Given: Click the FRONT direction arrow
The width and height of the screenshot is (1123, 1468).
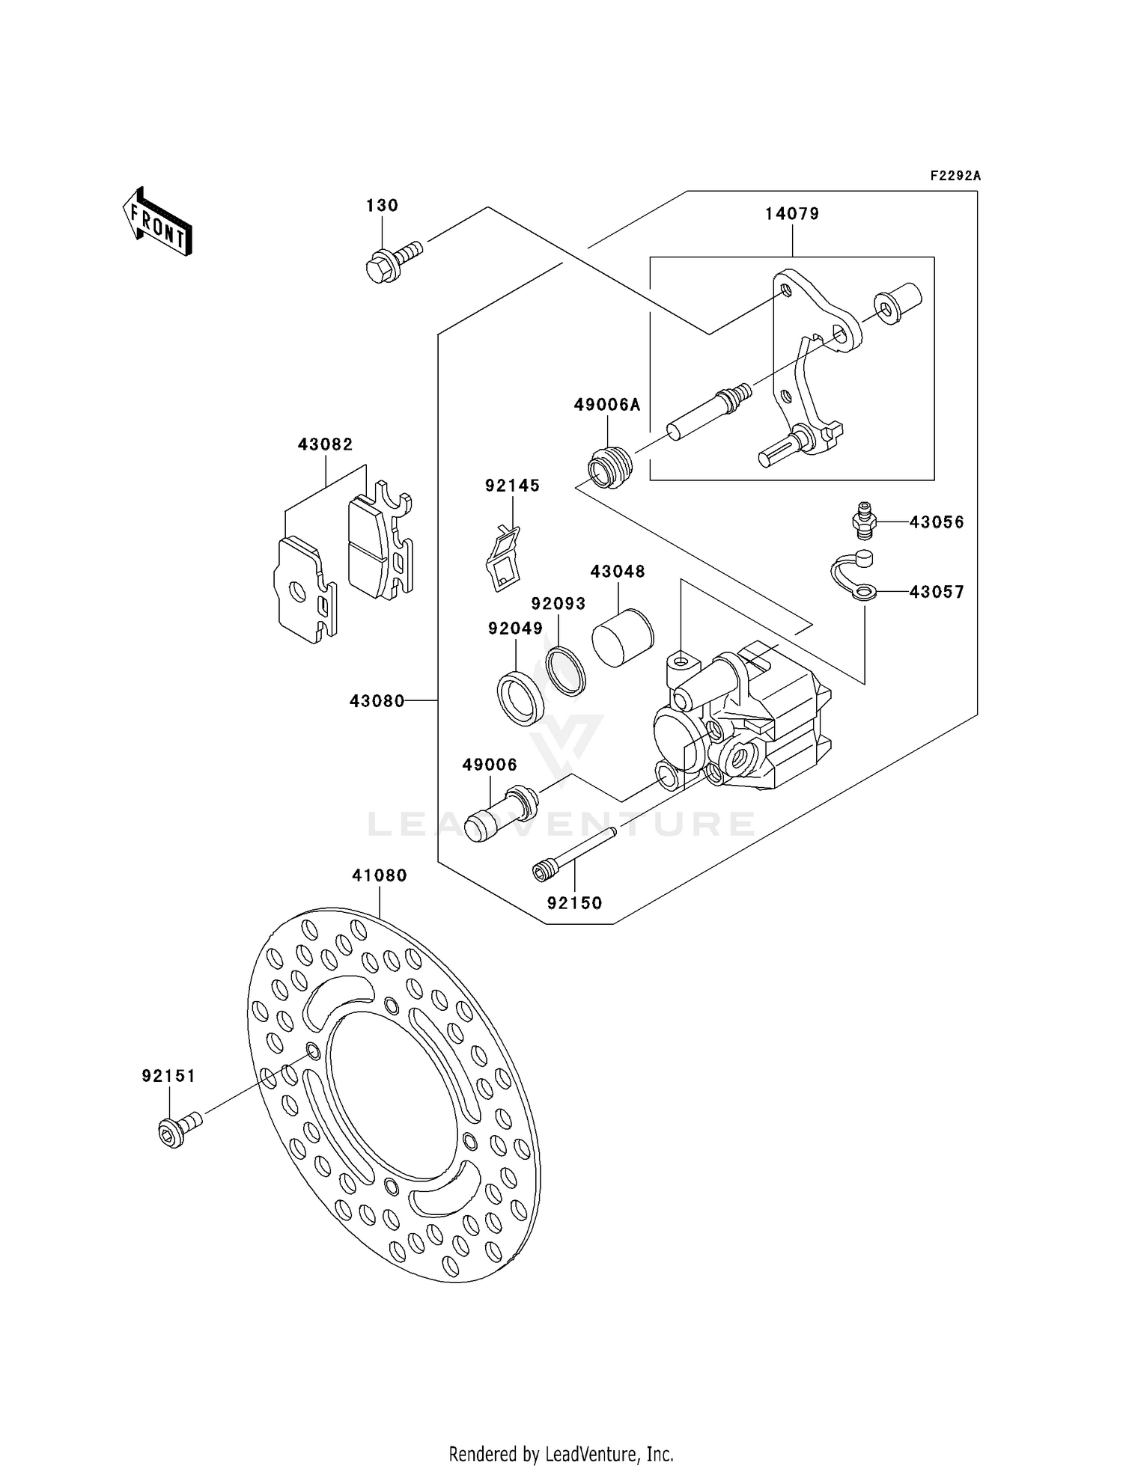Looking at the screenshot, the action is click(158, 222).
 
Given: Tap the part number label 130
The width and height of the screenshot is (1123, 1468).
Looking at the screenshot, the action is click(382, 205).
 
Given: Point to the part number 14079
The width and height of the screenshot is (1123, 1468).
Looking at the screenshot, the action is click(792, 214).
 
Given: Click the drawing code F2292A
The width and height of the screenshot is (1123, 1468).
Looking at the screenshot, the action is click(955, 176).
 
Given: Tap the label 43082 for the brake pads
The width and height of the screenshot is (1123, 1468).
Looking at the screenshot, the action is click(325, 444).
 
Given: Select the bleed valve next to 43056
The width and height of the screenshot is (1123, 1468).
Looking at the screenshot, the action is click(864, 519).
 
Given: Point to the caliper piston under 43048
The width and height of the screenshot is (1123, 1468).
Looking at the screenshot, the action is click(623, 637).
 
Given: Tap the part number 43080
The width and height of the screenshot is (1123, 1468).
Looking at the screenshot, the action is click(377, 701).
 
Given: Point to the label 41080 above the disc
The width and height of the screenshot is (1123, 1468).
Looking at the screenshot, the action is click(380, 875).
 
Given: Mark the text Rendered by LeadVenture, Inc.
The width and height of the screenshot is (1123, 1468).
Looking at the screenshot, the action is click(561, 1454).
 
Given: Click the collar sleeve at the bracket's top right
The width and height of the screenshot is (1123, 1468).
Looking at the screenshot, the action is click(898, 302).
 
